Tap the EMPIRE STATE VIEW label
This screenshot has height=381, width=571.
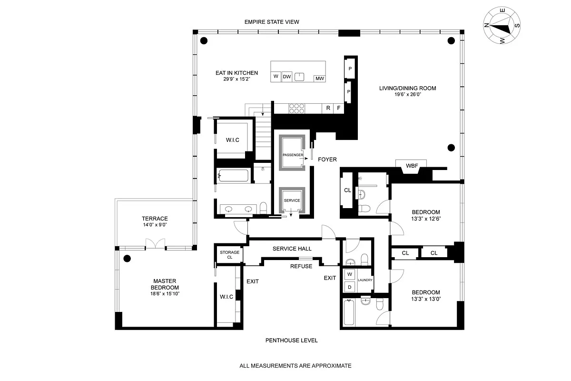(271, 22)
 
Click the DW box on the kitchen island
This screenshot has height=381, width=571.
(286, 77)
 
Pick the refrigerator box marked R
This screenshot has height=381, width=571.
(328, 109)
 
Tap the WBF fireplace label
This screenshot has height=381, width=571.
(412, 166)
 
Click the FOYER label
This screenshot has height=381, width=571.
(328, 160)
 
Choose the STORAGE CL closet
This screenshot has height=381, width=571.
(229, 254)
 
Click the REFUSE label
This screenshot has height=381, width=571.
(301, 266)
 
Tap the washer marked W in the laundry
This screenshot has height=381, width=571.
(349, 274)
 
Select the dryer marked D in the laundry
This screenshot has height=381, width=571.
(349, 287)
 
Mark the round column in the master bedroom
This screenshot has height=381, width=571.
(127, 259)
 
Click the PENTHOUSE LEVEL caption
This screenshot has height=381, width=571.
(291, 341)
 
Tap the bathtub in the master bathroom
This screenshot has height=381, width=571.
(233, 176)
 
